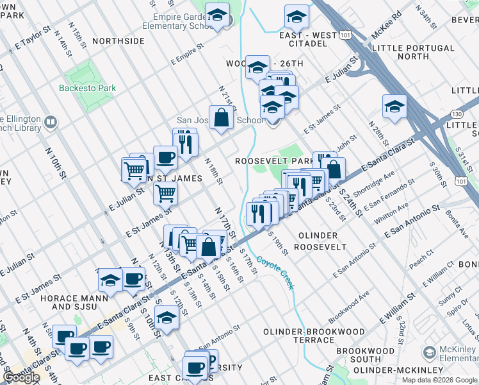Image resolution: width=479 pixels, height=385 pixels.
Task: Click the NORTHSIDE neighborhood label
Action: click(x=118, y=40)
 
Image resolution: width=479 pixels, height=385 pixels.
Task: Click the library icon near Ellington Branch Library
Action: click(x=50, y=121)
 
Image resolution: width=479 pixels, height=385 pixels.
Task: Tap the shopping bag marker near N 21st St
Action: click(x=221, y=118)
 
